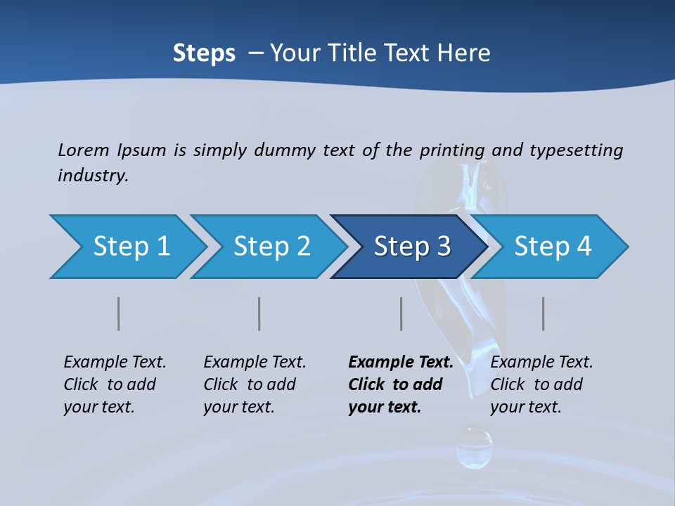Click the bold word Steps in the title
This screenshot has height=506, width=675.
(x=204, y=53)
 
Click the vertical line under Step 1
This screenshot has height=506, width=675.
(x=119, y=313)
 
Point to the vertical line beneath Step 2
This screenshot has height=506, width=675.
(x=259, y=313)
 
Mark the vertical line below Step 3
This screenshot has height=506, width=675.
(x=401, y=313)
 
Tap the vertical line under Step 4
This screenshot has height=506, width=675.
(x=544, y=313)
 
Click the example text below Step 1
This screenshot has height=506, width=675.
(x=115, y=384)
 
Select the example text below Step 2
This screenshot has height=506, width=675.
(x=255, y=384)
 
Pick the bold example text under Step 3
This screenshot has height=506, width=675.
(x=400, y=384)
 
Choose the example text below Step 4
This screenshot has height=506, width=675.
(x=541, y=384)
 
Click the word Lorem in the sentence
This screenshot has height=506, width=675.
(x=84, y=150)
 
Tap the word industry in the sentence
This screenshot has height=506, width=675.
(x=93, y=176)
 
